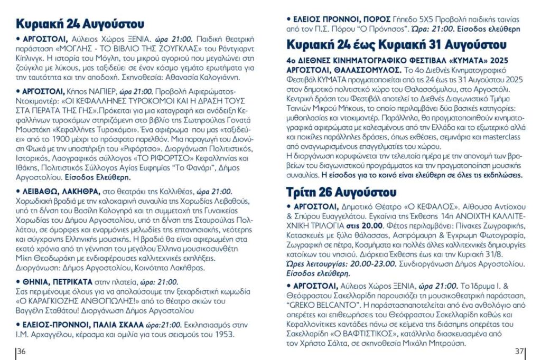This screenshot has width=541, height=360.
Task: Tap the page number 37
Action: click(x=519, y=352)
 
